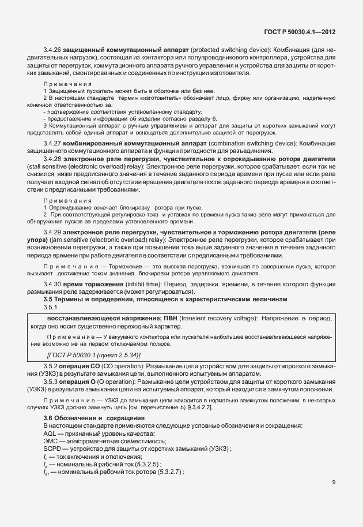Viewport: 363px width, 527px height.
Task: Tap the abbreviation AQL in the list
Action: point(50,432)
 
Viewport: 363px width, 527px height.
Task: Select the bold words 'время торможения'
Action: point(89,284)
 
